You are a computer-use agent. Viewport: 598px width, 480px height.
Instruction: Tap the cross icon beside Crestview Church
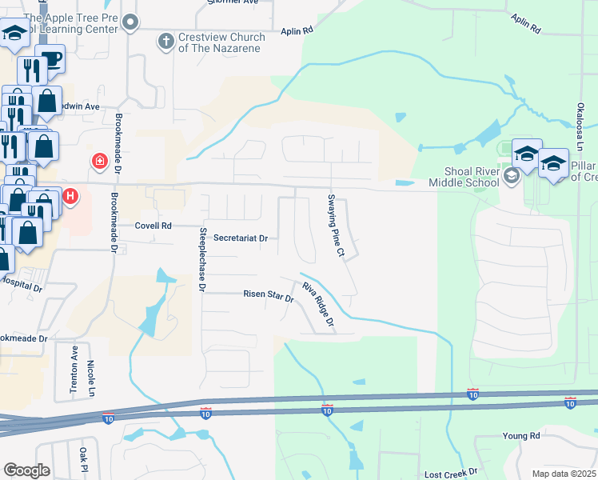tap(166, 41)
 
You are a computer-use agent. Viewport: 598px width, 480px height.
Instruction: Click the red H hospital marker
tap(70, 194)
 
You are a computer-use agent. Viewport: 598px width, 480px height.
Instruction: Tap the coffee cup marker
tap(50, 61)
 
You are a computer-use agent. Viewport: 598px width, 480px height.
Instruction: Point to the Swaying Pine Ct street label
tap(335, 226)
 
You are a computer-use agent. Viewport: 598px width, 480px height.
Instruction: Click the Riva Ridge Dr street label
tap(317, 307)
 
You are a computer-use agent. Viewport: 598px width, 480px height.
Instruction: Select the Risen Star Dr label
tap(269, 294)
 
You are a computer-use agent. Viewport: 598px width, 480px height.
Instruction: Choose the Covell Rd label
tap(153, 226)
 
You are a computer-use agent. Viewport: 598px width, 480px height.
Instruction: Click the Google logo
tap(26, 470)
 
